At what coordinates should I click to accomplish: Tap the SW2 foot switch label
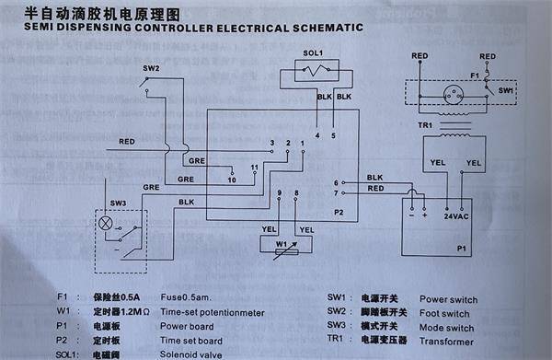(x=151, y=69)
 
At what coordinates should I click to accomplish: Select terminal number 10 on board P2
(x=232, y=180)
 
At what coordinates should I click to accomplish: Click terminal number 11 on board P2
(x=255, y=168)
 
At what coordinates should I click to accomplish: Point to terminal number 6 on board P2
(x=336, y=182)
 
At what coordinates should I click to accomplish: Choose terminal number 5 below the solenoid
(x=333, y=135)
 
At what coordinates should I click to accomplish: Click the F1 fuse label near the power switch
(x=475, y=74)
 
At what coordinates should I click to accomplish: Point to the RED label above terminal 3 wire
(x=130, y=142)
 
